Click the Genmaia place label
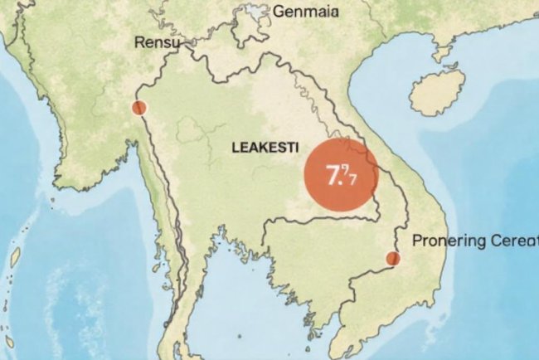[x=306, y=12]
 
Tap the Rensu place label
[x=155, y=41]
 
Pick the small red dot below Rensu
[x=138, y=108]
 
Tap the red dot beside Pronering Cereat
[x=393, y=259]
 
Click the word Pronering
[x=446, y=241]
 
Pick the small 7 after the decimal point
[x=352, y=178]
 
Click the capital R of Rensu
[x=139, y=41]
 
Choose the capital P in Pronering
[x=416, y=241]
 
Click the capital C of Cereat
[x=494, y=241]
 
